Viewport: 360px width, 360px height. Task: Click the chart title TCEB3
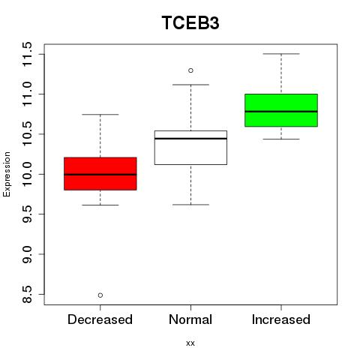click(x=190, y=22)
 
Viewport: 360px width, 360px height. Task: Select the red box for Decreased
click(x=100, y=174)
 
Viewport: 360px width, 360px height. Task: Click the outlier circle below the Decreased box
click(x=100, y=295)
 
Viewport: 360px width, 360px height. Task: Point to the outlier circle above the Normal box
click(x=190, y=70)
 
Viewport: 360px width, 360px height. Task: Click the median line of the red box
click(x=100, y=175)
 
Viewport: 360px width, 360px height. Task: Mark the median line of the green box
click(x=281, y=112)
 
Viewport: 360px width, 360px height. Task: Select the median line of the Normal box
click(x=190, y=138)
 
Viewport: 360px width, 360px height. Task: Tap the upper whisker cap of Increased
click(x=281, y=54)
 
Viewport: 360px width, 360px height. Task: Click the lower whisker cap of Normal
click(x=190, y=205)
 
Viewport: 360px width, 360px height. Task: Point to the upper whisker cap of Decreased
click(x=100, y=115)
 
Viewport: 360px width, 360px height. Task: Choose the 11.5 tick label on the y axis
click(x=27, y=54)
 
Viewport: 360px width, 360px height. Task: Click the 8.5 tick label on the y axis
click(x=27, y=295)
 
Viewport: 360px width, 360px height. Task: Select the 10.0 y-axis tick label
click(x=27, y=174)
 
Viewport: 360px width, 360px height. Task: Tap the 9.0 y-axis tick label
click(x=27, y=254)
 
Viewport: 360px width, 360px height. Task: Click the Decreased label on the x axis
click(x=100, y=319)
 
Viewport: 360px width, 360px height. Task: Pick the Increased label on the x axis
click(x=281, y=319)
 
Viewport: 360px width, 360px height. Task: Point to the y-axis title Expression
click(x=7, y=174)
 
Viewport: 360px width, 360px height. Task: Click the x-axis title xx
click(x=190, y=343)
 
